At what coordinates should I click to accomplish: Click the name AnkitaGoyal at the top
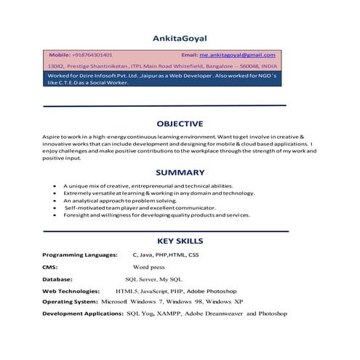(x=180, y=38)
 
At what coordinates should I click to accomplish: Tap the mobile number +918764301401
(x=93, y=55)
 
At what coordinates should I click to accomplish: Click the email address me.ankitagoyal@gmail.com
(x=237, y=55)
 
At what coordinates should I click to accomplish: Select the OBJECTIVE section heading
(x=180, y=124)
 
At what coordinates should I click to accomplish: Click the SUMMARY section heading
(x=180, y=173)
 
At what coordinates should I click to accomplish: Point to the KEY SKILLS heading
(x=180, y=241)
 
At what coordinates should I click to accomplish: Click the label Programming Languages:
(x=80, y=255)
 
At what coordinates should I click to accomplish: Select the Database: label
(x=57, y=279)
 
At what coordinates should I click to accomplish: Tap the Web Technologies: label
(x=73, y=290)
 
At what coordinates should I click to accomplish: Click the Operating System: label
(x=70, y=301)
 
